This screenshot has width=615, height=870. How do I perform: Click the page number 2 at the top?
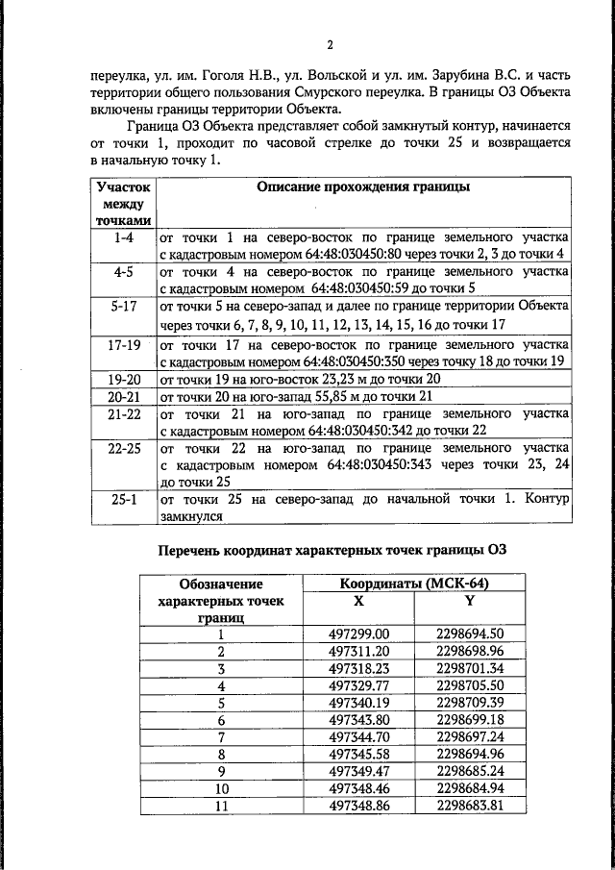[330, 45]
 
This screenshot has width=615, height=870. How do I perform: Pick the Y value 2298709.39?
[470, 704]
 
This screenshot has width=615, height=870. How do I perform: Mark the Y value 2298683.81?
[470, 807]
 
